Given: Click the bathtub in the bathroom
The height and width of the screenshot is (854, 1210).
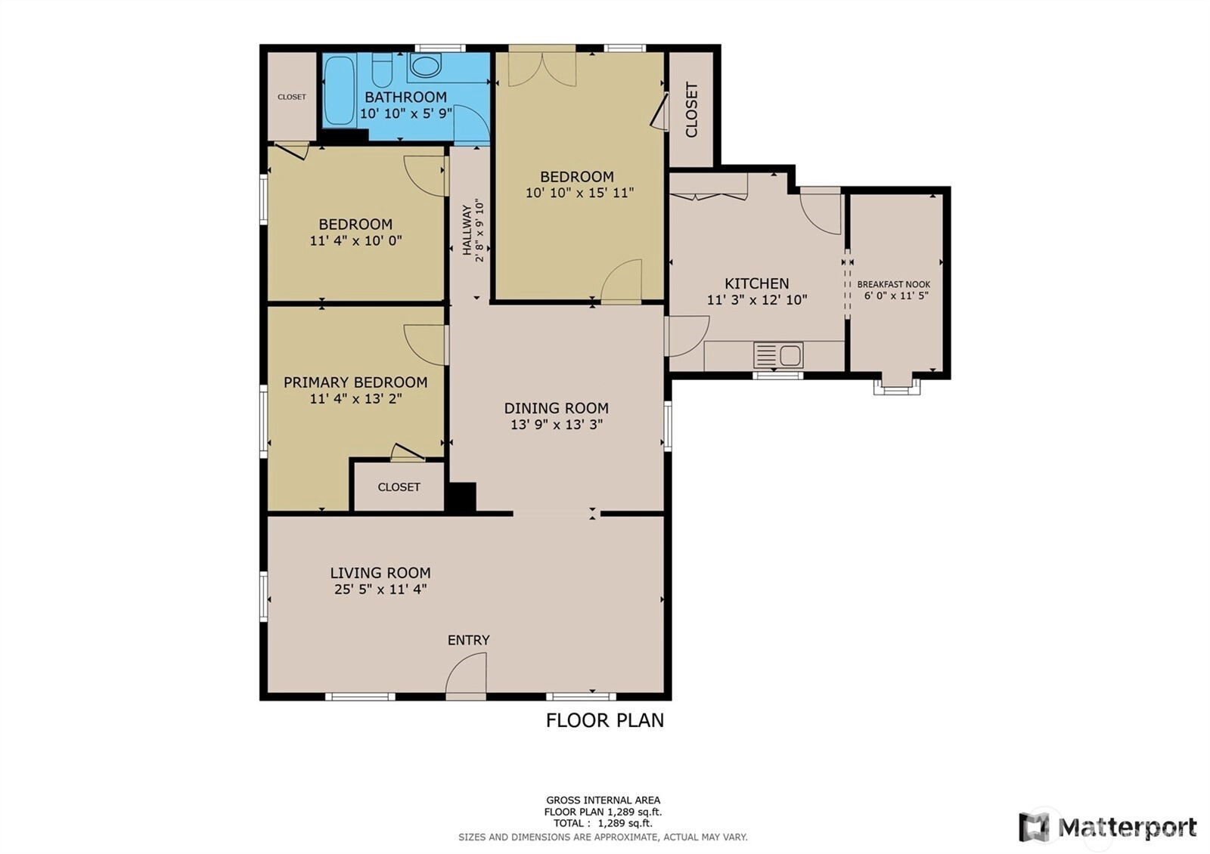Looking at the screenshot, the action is tap(340, 90).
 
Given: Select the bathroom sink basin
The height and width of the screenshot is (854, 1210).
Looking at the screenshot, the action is tap(426, 66).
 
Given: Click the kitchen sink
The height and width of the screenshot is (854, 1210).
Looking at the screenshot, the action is tap(778, 356).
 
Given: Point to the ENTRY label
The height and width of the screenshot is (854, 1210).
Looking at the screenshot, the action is tap(468, 639).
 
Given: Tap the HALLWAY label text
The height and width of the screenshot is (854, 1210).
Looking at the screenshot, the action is tap(467, 230).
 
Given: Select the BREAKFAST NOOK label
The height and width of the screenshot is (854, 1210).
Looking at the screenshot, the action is tap(893, 284).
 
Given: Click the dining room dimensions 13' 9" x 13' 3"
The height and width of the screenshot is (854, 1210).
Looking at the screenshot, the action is tap(557, 424).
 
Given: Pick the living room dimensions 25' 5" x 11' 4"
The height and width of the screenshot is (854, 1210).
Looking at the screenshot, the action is tap(380, 589).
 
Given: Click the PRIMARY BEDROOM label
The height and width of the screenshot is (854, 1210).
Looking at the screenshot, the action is tap(355, 382).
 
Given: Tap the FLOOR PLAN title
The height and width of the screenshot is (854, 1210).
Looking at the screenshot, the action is tap(605, 720).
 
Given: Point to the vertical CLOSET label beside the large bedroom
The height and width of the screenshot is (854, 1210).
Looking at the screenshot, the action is tap(691, 110).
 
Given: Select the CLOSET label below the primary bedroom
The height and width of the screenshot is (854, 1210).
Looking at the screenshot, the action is tap(399, 487).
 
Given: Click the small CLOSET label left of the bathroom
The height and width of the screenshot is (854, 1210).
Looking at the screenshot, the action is tap(292, 97).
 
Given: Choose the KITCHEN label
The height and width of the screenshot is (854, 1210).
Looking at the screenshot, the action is tap(757, 283).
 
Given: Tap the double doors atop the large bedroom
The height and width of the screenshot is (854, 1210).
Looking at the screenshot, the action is tap(541, 66).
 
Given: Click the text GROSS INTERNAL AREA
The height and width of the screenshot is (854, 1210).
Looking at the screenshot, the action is tap(603, 800).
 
